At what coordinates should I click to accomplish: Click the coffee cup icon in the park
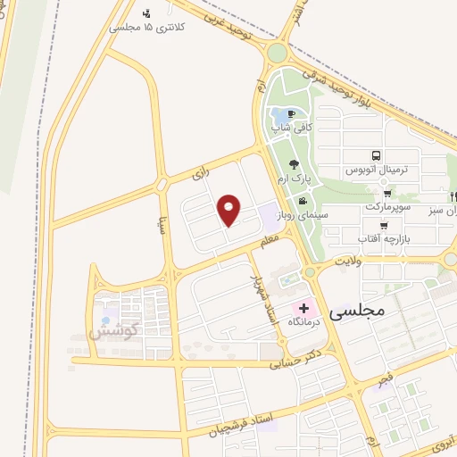(291, 114)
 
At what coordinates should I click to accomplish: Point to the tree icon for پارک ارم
(293, 163)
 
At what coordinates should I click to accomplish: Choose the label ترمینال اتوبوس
(377, 169)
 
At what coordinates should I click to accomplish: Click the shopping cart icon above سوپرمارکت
(386, 193)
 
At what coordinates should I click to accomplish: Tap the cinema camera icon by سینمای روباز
(303, 201)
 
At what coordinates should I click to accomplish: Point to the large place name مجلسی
(356, 312)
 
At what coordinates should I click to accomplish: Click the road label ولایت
(346, 262)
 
